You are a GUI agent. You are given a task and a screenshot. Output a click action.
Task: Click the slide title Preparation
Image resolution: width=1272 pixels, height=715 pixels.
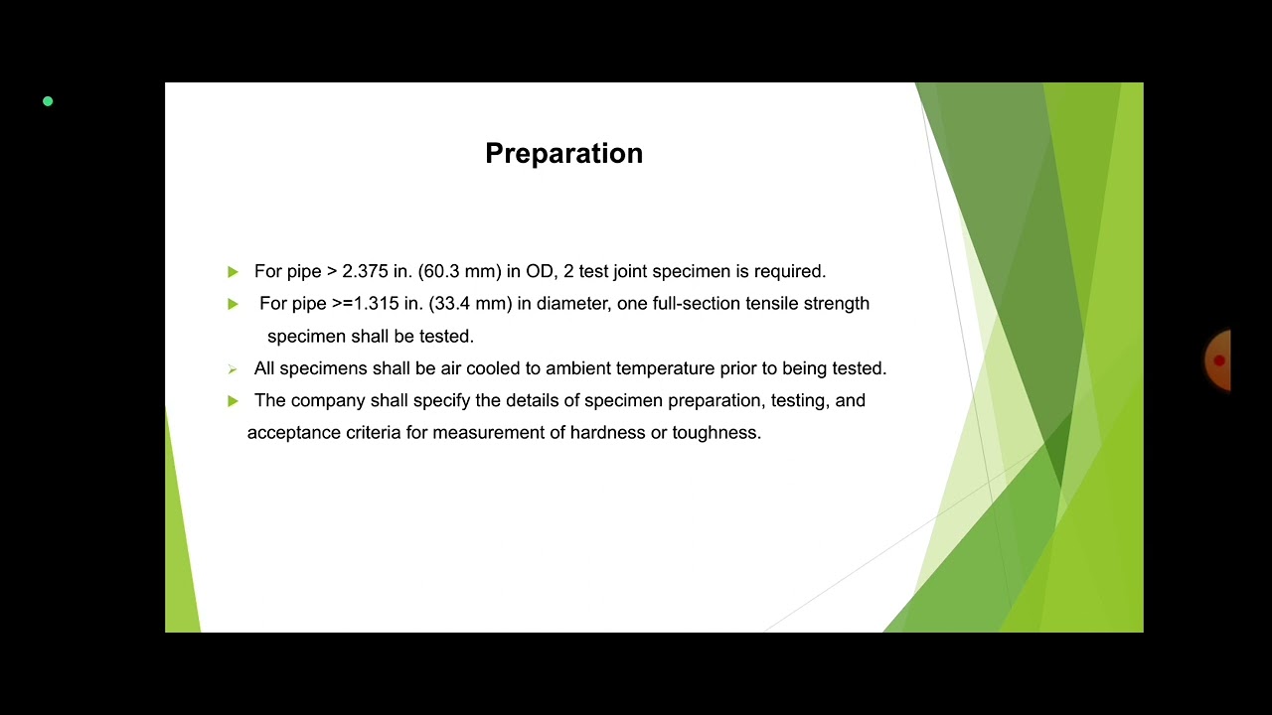click(563, 154)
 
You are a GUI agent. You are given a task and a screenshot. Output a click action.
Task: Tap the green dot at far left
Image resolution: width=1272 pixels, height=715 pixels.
click(48, 101)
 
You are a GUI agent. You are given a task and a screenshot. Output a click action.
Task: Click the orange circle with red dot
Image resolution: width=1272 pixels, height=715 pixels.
click(1218, 360)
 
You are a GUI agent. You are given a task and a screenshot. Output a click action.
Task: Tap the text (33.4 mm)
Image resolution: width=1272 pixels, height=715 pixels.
click(470, 304)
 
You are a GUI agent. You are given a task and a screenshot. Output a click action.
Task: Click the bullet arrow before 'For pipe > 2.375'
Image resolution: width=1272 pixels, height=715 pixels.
click(233, 272)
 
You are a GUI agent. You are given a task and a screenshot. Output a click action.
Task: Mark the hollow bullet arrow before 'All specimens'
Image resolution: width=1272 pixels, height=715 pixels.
click(233, 369)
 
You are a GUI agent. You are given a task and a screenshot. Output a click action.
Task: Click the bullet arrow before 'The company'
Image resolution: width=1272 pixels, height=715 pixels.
click(233, 401)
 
